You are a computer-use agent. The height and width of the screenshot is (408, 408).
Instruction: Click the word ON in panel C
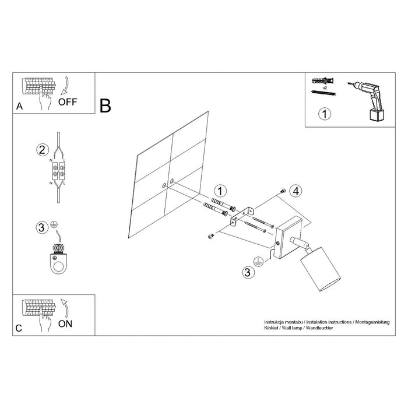[65, 324]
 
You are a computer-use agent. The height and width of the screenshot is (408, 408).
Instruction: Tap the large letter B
[105, 105]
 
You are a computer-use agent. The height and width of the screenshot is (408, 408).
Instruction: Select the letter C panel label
[19, 328]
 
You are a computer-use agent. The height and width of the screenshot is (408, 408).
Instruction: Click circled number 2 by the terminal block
[41, 150]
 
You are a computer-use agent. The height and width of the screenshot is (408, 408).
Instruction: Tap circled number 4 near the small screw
[296, 191]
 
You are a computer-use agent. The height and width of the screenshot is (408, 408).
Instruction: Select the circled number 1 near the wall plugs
[219, 191]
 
